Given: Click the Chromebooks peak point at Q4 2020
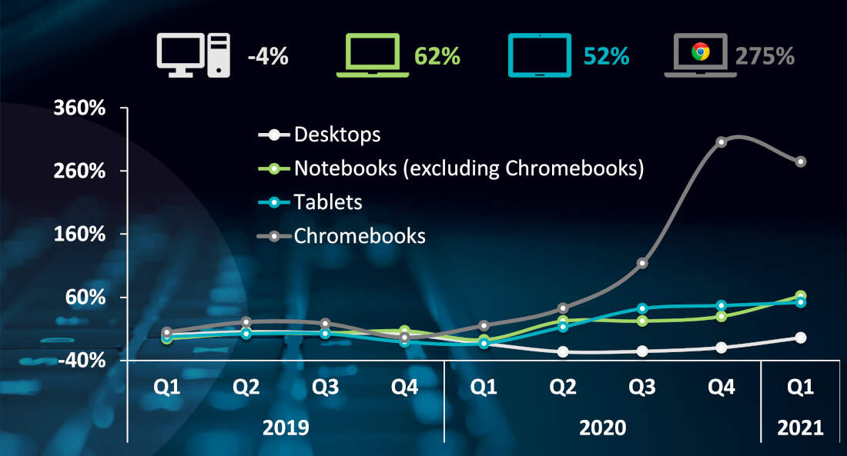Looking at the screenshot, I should (721, 141).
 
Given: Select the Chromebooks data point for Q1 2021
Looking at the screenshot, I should (801, 161).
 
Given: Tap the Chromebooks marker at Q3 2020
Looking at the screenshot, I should (642, 263).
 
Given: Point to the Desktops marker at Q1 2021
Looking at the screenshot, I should (801, 338).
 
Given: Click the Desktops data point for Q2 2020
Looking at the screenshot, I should (563, 352).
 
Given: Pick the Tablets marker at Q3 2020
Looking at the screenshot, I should (642, 308).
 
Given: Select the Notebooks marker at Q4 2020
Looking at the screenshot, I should (721, 316).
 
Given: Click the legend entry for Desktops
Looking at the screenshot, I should (336, 135).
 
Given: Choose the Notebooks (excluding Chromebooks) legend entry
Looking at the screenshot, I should (467, 168).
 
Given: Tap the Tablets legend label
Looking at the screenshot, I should (327, 202).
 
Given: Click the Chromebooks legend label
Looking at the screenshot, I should (359, 235).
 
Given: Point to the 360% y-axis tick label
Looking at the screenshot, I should (79, 108).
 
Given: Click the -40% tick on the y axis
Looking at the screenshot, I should (80, 361).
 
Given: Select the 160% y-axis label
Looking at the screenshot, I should (79, 235).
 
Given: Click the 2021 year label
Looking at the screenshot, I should (801, 427).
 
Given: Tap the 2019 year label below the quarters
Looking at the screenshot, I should (286, 427).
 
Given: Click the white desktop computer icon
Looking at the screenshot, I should (192, 55).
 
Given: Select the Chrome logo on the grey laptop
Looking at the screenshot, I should (700, 52).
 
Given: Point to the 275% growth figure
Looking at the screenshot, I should (765, 56).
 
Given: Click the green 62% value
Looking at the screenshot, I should (437, 56).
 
